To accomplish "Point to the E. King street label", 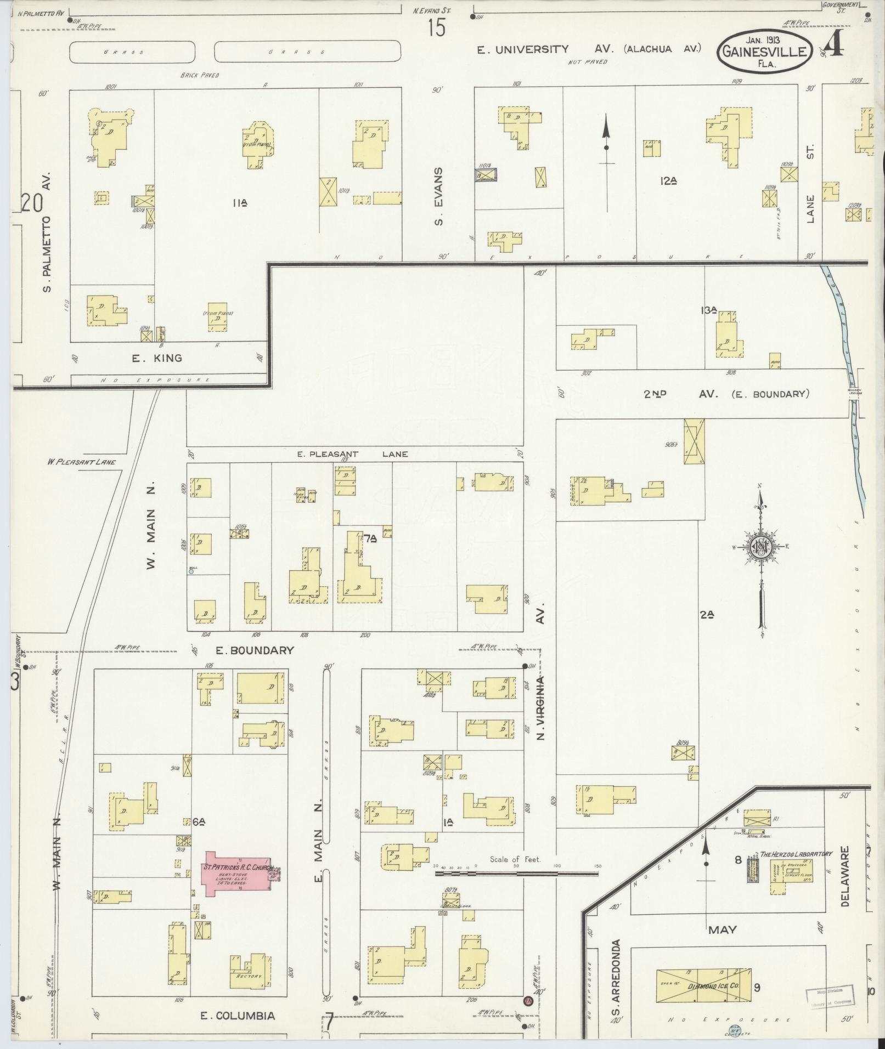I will coord(157,359).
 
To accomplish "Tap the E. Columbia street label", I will coord(238,1016).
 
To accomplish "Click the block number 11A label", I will coord(239,203).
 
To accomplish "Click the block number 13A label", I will coord(708,310).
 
